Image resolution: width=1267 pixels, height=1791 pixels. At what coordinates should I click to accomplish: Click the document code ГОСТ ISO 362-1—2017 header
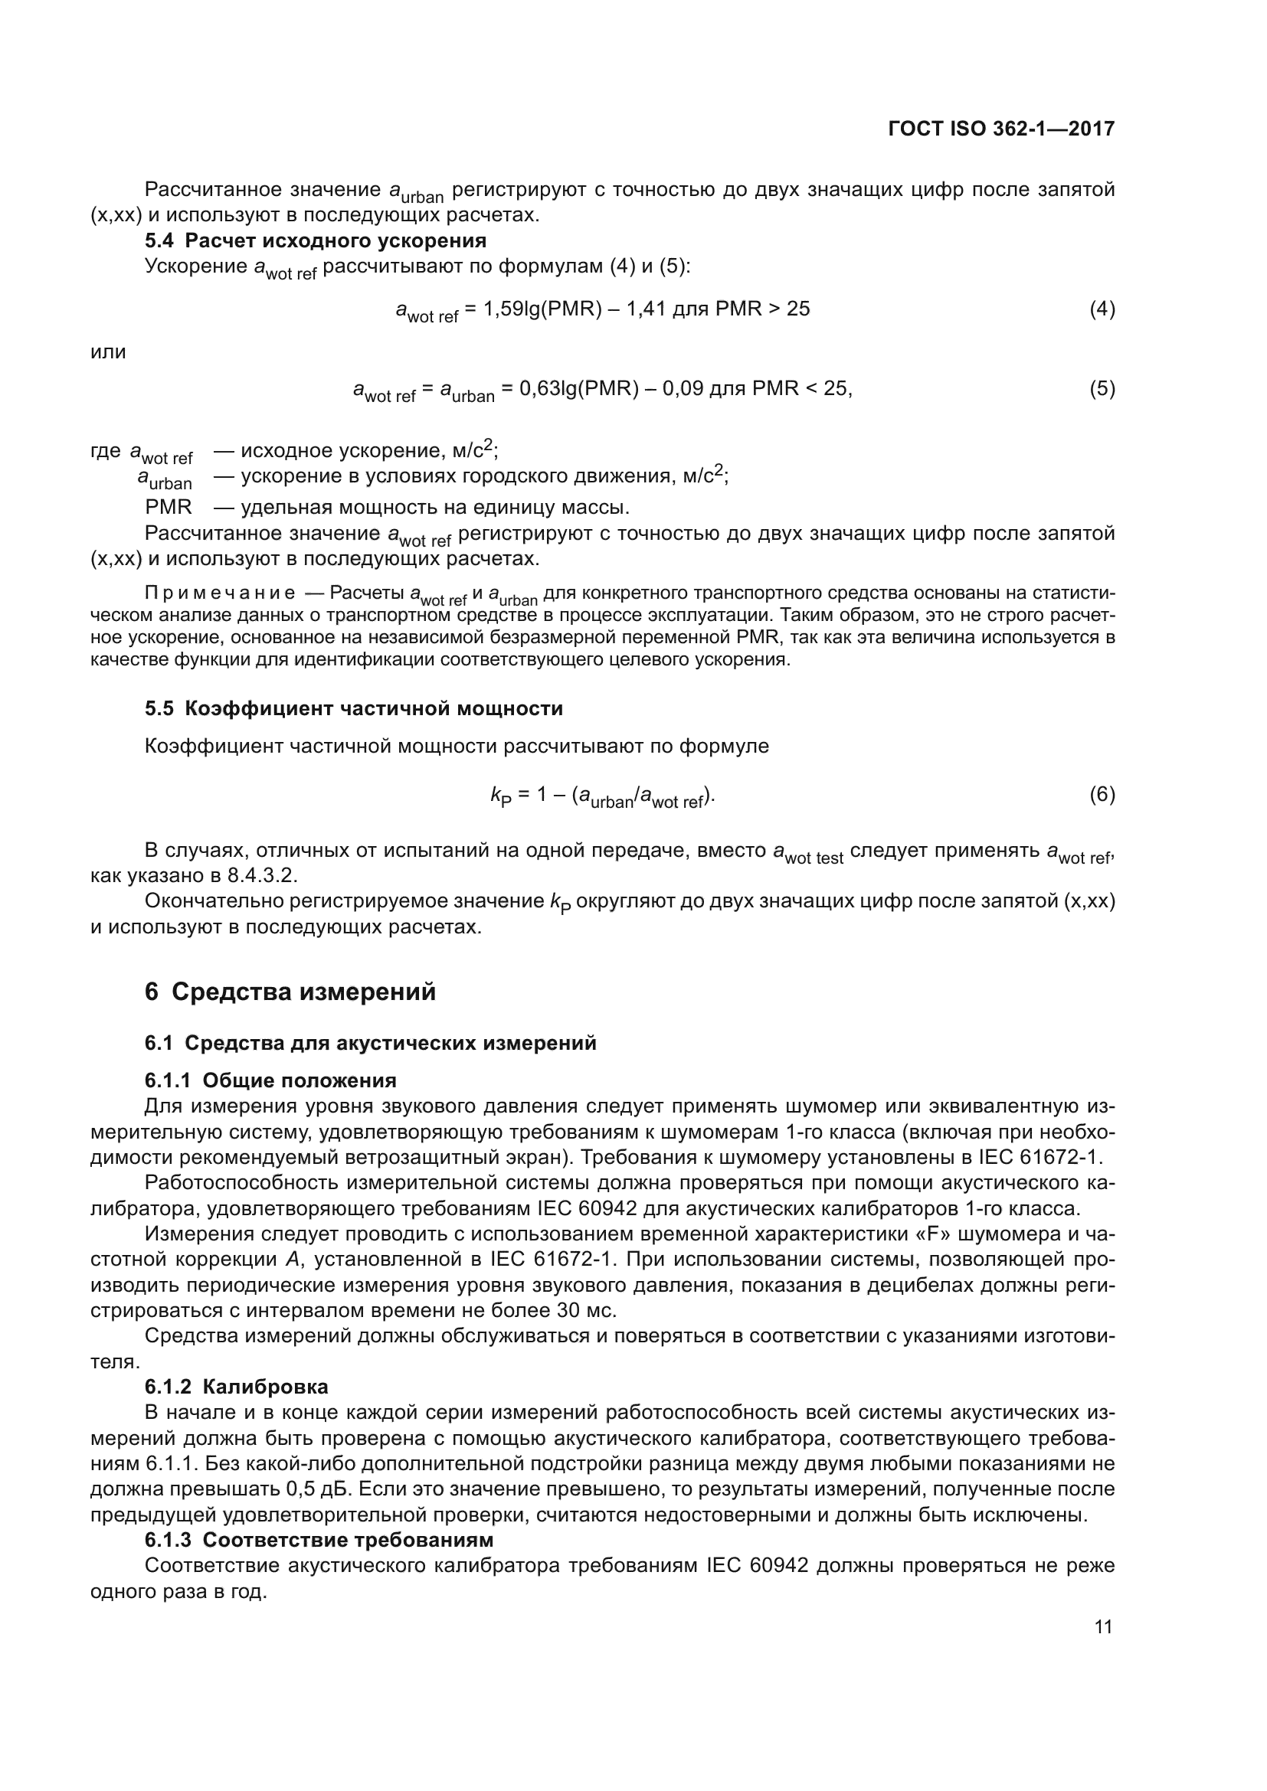coord(1001,129)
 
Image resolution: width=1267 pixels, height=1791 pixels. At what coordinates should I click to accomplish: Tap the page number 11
coord(1103,1627)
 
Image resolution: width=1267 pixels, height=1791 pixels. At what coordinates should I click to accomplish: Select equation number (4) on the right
coord(1102,309)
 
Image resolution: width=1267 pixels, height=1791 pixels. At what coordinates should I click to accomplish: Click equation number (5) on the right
coord(1102,388)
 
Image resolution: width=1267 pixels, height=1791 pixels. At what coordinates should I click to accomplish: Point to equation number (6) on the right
coord(1102,795)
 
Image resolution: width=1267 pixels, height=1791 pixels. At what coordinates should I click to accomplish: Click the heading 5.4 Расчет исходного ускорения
coord(315,240)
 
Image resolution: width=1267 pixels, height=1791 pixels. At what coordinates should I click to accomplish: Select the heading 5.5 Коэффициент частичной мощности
coord(353,708)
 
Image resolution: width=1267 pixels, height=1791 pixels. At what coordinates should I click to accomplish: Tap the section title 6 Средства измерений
coord(290,992)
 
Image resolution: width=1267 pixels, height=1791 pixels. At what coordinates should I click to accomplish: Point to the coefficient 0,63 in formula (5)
coord(538,388)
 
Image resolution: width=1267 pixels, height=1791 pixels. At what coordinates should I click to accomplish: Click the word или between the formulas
coord(109,351)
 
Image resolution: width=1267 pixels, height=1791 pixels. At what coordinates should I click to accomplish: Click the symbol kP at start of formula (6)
coord(496,796)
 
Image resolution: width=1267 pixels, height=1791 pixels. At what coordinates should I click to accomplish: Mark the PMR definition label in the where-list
coord(168,507)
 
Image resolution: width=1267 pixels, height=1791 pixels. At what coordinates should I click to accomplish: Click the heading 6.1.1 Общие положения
coord(270,1080)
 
